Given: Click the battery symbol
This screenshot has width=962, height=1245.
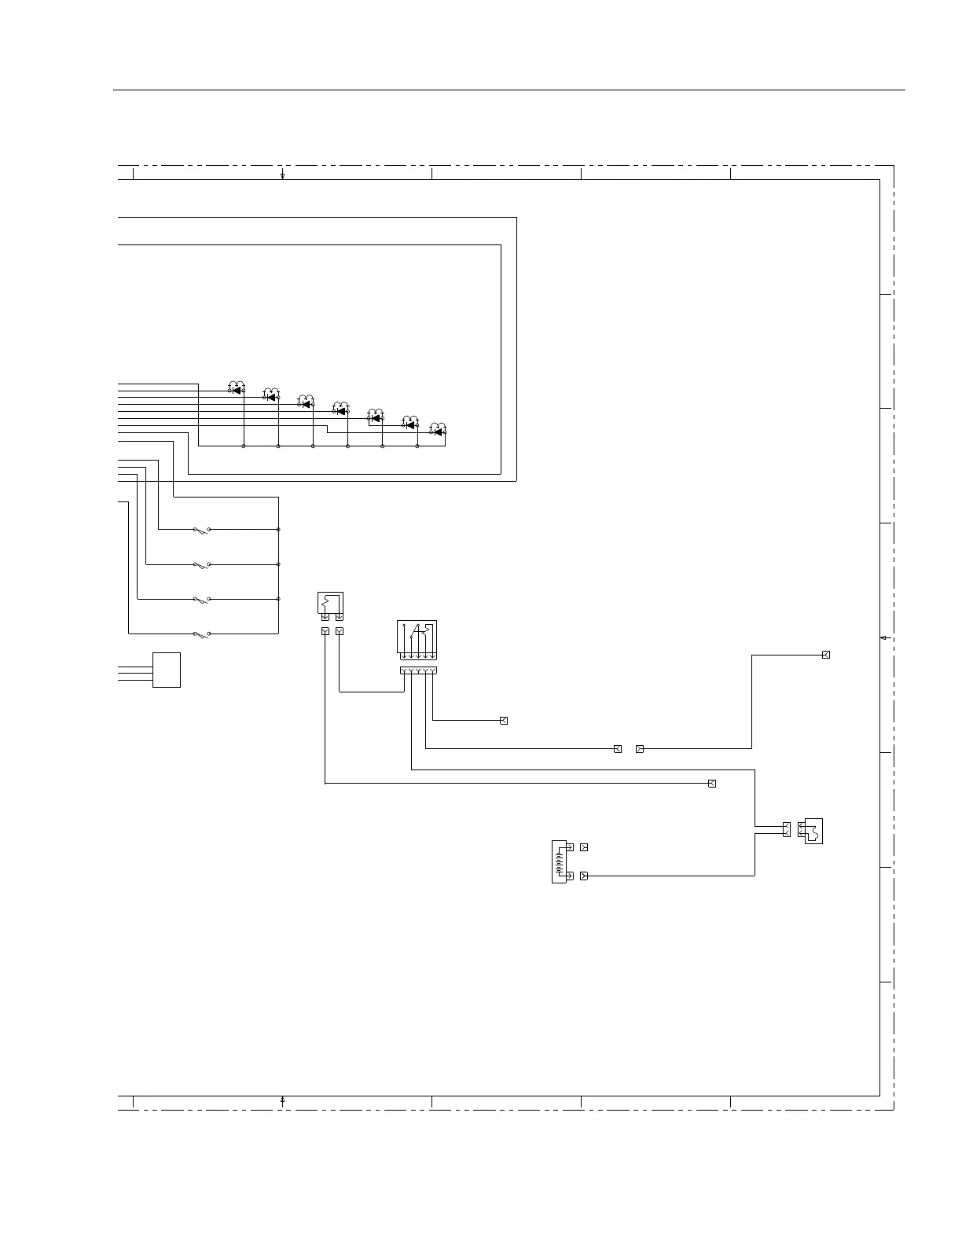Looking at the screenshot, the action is coord(560,861).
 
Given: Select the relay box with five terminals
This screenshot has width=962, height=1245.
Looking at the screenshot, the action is coord(417,640).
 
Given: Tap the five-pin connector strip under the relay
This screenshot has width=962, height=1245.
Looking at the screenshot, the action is coord(417,670).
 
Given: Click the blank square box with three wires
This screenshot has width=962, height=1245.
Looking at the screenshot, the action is coord(166,670).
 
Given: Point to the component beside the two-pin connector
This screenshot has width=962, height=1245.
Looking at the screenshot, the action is coord(813,831).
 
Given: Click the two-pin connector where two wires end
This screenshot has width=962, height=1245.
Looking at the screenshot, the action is coord(786,829).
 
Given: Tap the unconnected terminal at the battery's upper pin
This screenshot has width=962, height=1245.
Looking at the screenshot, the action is coord(583,847).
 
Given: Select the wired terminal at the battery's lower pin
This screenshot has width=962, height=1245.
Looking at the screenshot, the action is coord(583,876).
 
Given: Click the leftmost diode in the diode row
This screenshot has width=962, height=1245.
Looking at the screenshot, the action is coord(237,390).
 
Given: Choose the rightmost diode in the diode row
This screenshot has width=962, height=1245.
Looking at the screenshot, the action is coord(438,432).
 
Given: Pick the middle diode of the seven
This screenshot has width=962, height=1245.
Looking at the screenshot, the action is coord(340,410).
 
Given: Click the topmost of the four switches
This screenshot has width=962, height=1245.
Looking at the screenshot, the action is coord(201,531).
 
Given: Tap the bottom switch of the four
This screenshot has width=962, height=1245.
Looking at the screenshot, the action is coord(201,634).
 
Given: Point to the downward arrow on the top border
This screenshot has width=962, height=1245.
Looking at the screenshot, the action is coord(282,173).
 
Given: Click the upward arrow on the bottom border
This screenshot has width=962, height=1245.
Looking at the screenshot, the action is coord(282,1102).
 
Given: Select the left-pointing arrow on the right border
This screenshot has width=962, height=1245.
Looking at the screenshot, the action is coord(884,638).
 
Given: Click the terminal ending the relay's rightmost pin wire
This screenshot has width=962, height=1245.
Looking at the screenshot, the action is coord(504,721).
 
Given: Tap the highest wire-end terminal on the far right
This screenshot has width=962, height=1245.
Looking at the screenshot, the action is coord(825,655).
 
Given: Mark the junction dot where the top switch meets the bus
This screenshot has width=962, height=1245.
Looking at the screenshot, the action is coord(279,530).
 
